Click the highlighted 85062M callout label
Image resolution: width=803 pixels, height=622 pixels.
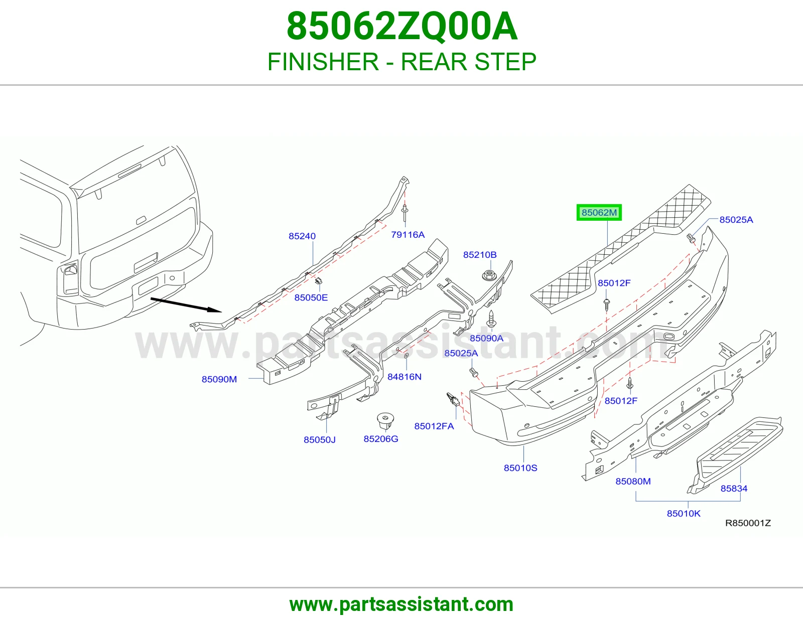pos(599,212)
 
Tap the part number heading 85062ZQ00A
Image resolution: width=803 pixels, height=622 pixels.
pos(401,27)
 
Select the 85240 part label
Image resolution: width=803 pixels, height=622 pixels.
pos(302,236)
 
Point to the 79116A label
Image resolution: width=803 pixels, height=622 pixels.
pos(408,235)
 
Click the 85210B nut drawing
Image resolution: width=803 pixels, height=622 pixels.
pos(489,275)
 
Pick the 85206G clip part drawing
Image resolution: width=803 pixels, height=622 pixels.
pos(384,421)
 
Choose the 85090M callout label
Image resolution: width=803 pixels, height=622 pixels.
pos(219,379)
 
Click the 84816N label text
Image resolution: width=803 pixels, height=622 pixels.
pos(405,377)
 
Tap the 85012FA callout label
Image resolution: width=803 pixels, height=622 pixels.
pos(434,426)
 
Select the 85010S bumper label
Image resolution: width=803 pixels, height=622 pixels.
pos(520,468)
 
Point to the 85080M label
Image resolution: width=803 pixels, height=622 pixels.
pos(633,481)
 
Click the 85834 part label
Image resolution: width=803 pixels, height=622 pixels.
pos(734,489)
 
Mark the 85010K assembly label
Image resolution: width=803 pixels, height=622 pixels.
pos(684,514)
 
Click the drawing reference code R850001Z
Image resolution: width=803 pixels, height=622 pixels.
pos(748,523)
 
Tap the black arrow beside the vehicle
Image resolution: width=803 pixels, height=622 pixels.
pos(186,304)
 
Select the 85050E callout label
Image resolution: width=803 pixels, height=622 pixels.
pos(311,297)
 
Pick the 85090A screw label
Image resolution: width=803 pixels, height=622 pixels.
pos(486,338)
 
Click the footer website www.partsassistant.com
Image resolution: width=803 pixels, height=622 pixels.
pos(401,604)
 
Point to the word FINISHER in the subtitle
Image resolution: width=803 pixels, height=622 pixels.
pos(323,62)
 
